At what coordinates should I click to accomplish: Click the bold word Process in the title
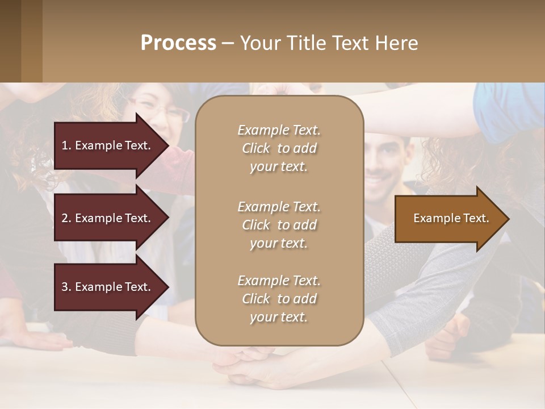(x=178, y=43)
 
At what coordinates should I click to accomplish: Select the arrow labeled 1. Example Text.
(x=108, y=145)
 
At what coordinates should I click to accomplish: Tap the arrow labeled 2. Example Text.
(x=108, y=218)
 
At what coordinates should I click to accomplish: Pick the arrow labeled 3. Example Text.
(x=108, y=287)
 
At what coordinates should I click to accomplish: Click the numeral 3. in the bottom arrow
(x=66, y=287)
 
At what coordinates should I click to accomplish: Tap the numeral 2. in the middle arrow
(x=66, y=218)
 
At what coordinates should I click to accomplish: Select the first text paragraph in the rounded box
(x=279, y=148)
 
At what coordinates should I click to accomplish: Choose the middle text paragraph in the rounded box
(x=279, y=225)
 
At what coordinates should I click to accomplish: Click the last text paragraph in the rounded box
(x=279, y=299)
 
